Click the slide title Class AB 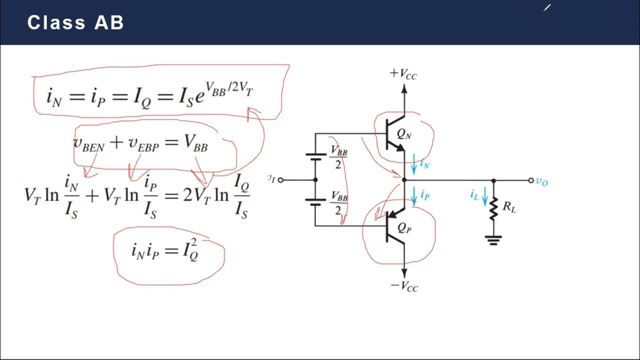point(75,22)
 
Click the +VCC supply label point(403,74)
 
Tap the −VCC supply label point(404,286)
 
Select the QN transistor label point(404,133)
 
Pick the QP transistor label point(404,227)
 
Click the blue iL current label point(475,194)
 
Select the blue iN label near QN point(424,163)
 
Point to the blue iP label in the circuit point(424,195)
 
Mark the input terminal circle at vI point(280,180)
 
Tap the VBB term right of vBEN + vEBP point(195,143)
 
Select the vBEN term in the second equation point(88,144)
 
